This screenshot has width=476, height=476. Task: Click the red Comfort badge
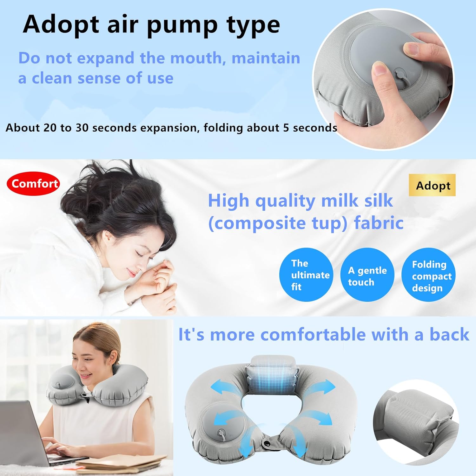point(33,183)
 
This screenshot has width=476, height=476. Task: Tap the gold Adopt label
point(432,185)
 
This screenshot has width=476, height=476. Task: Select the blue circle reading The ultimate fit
point(306,275)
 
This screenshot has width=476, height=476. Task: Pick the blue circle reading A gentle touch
point(367,275)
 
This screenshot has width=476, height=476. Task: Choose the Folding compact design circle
point(428,275)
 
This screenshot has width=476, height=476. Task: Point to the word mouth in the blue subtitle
point(197,58)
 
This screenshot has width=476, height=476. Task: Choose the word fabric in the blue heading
point(379,223)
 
